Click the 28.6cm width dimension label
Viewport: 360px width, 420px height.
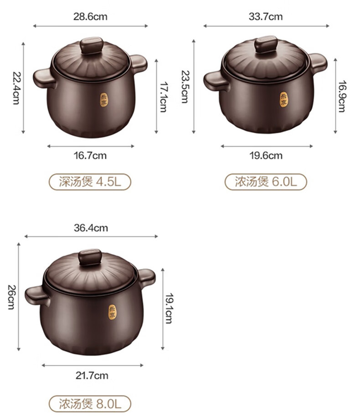click(x=90, y=16)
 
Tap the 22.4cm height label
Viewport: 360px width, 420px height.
click(x=16, y=87)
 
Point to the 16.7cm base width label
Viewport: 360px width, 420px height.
click(x=90, y=155)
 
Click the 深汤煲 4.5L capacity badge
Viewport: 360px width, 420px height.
click(x=90, y=182)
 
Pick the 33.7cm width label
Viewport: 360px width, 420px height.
click(x=266, y=16)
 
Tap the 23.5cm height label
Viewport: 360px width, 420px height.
click(x=185, y=87)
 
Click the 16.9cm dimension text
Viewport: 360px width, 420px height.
click(x=342, y=97)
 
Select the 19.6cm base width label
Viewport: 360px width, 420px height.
click(x=266, y=155)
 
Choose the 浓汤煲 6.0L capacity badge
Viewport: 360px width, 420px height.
click(x=266, y=182)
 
